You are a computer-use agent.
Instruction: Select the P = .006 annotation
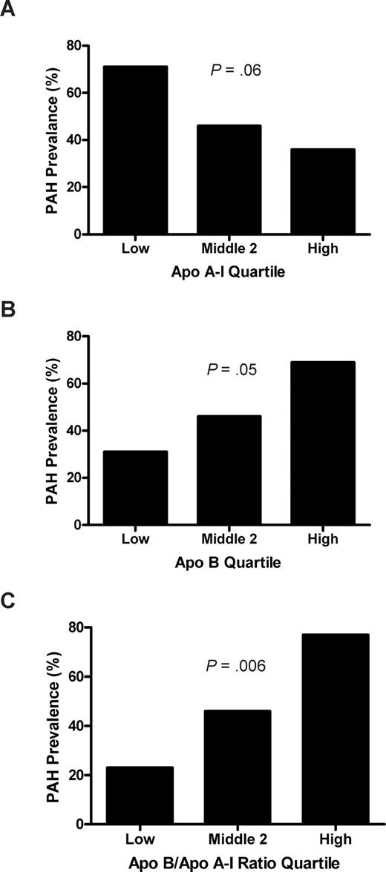[236, 666]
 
